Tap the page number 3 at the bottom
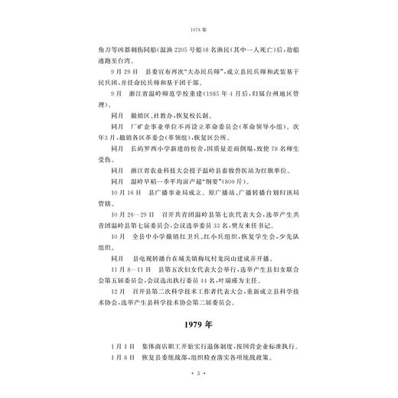click(x=198, y=373)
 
